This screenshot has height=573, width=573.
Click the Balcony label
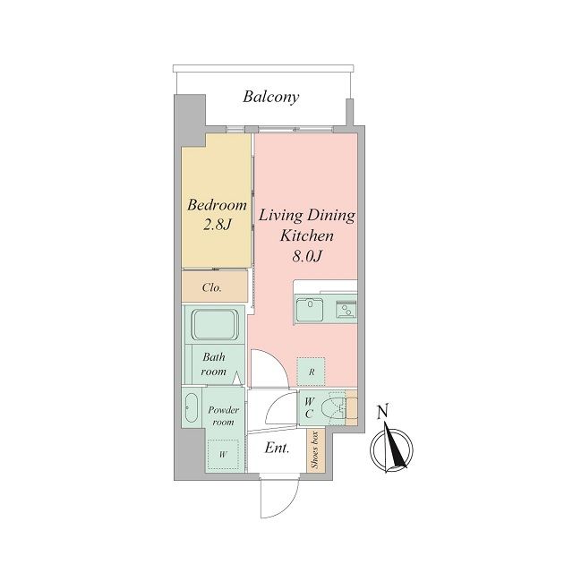coord(270,98)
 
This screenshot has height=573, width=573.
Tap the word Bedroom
coord(217,205)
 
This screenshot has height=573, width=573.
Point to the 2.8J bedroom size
coord(217,225)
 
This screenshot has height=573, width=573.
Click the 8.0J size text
coord(306,256)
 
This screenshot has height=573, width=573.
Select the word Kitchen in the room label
coord(306,235)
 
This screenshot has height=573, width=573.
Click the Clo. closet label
coord(212,287)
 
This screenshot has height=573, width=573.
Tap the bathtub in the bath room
coord(215,325)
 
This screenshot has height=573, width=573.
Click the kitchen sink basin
coord(310,310)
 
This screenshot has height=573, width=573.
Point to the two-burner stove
coord(346,310)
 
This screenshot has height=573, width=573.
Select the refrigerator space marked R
coord(311,372)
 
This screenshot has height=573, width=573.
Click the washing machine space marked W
coord(223,455)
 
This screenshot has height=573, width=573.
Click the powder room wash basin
coord(191,408)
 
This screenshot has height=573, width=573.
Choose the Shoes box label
coord(314,449)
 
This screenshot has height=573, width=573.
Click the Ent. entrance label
coord(277,448)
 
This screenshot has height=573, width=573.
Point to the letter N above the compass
coord(383,412)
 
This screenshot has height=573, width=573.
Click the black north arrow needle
coord(396,446)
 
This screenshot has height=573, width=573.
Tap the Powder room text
coord(223,415)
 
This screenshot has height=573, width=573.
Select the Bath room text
coord(214,364)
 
